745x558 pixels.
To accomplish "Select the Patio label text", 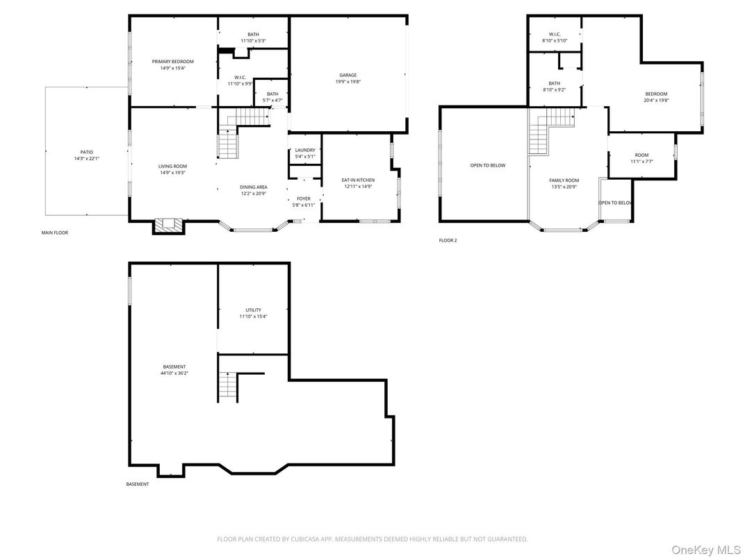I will tap(86, 152).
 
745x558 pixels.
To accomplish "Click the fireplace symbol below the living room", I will tap(169, 226).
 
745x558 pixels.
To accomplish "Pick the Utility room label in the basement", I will tap(253, 310).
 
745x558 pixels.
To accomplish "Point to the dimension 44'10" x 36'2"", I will tap(174, 373).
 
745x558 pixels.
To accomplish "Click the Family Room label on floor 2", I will tap(564, 180).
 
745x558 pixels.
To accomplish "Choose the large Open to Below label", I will tap(488, 165).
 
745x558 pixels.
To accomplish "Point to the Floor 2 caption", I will tap(448, 240).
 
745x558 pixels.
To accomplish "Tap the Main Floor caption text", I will tap(55, 232).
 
